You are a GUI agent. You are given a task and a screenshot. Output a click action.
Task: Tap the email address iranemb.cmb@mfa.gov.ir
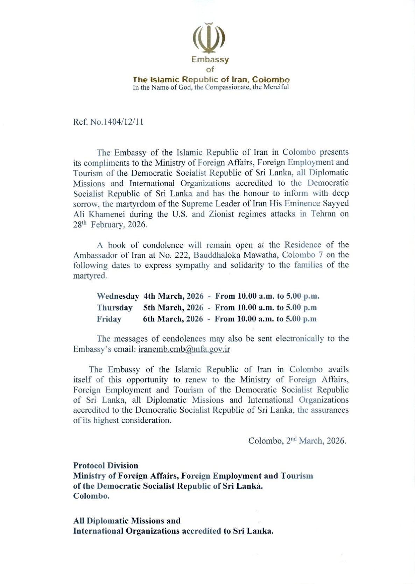click(184, 349)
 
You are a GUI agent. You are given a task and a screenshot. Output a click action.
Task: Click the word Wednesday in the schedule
click(118, 296)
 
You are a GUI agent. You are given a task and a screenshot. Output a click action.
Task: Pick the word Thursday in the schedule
click(114, 308)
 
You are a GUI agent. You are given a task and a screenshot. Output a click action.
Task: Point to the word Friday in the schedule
click(109, 319)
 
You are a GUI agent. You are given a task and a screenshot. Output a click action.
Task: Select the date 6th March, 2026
click(173, 319)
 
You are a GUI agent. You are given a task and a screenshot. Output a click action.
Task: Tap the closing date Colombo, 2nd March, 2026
click(297, 440)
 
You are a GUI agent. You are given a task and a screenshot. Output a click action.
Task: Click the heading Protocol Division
click(105, 465)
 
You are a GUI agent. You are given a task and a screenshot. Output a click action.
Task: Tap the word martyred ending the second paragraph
click(90, 276)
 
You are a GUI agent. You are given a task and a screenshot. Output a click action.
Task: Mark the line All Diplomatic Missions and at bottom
click(127, 521)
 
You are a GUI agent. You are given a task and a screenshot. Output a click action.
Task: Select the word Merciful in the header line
click(275, 87)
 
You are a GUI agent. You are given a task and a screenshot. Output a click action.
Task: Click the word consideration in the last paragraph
click(146, 420)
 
